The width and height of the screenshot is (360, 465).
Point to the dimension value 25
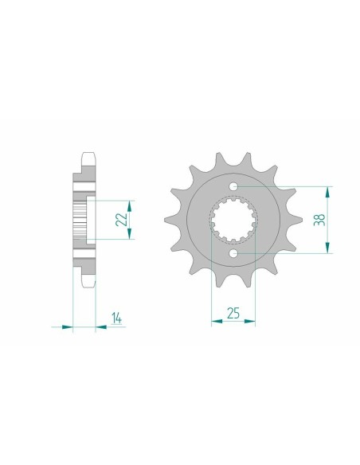(x=233, y=314)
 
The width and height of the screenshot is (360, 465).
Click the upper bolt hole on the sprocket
(x=233, y=187)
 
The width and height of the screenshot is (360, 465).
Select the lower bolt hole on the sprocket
(x=233, y=253)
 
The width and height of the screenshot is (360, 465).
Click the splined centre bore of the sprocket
(x=233, y=221)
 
